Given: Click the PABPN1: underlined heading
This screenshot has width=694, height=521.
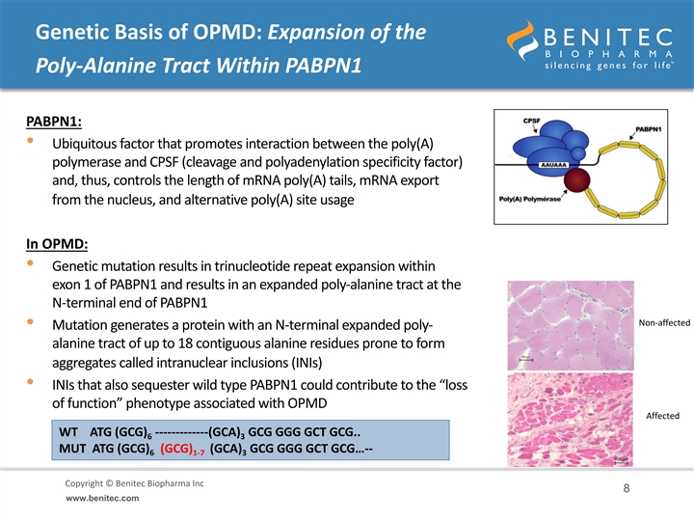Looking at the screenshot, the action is pos(54,122).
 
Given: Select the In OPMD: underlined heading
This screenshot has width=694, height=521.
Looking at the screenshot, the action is pos(57,244).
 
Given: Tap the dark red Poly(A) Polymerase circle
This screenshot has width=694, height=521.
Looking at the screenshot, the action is pos(576,180).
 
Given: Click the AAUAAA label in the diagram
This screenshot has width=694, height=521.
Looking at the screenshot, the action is pos(553,165).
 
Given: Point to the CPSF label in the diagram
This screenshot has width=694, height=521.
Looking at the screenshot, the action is pos(531,121).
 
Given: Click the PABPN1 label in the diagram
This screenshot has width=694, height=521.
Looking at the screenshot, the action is pos(649,129).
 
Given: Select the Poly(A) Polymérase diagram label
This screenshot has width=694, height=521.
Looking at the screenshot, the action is pos(530,199).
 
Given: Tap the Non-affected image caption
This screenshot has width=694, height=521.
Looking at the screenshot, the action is pos(664,323).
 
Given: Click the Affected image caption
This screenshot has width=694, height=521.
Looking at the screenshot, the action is pos(662,416).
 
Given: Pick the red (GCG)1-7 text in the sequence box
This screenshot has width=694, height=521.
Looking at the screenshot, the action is pos(182,450).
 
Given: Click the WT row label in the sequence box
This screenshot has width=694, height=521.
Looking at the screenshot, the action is pos(68,432).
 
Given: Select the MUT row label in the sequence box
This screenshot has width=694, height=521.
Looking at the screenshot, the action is pos(72,449).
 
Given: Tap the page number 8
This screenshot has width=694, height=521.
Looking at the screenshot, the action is pos(627,488).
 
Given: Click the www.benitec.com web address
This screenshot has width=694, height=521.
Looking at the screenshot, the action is pos(102,498).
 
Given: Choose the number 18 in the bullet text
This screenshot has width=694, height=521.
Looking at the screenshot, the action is pos(185,343).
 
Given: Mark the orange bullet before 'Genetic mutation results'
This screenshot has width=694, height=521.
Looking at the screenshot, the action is pos(30,262).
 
